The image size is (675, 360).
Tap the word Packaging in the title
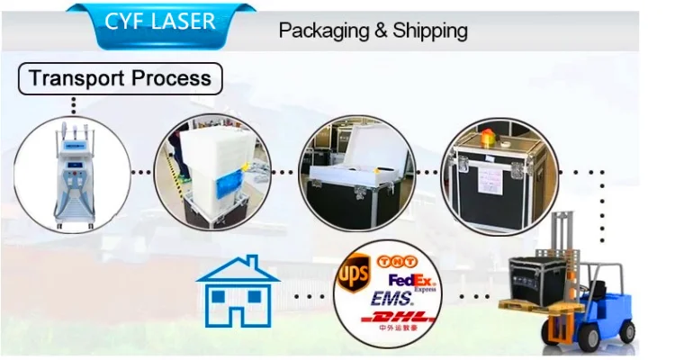point(321,31)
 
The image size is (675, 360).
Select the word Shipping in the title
point(430,31)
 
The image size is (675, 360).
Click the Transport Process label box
point(120,77)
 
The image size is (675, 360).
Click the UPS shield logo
point(352,271)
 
